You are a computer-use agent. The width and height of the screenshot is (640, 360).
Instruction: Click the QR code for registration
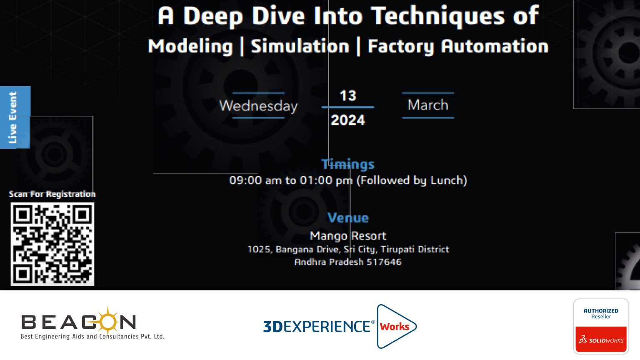52,244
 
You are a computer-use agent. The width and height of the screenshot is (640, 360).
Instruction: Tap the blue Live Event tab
15,117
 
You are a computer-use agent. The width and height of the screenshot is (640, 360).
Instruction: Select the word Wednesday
258,106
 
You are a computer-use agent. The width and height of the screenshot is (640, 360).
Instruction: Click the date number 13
348,96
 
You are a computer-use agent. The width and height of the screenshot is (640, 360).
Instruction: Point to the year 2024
348,120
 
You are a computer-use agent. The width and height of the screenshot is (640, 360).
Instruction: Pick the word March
428,105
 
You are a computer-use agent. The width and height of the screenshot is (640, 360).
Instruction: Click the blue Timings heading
348,164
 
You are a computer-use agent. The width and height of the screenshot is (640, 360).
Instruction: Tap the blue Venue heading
348,218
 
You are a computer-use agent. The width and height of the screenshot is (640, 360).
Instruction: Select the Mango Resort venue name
348,236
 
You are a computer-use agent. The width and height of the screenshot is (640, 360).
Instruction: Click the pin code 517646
384,262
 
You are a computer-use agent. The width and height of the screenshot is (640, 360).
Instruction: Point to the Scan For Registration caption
52,194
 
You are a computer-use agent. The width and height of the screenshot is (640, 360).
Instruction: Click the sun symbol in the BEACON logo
107,320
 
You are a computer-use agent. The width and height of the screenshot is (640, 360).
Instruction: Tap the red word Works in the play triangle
394,327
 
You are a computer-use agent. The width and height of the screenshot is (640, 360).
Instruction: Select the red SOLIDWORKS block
601,339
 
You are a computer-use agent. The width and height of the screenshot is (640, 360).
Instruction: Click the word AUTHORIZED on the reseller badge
601,311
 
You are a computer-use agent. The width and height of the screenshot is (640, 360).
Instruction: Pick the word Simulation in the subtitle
300,46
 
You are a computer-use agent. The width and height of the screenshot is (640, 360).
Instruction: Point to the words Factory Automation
458,47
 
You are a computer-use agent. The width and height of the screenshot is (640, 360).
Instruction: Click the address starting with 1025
348,250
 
